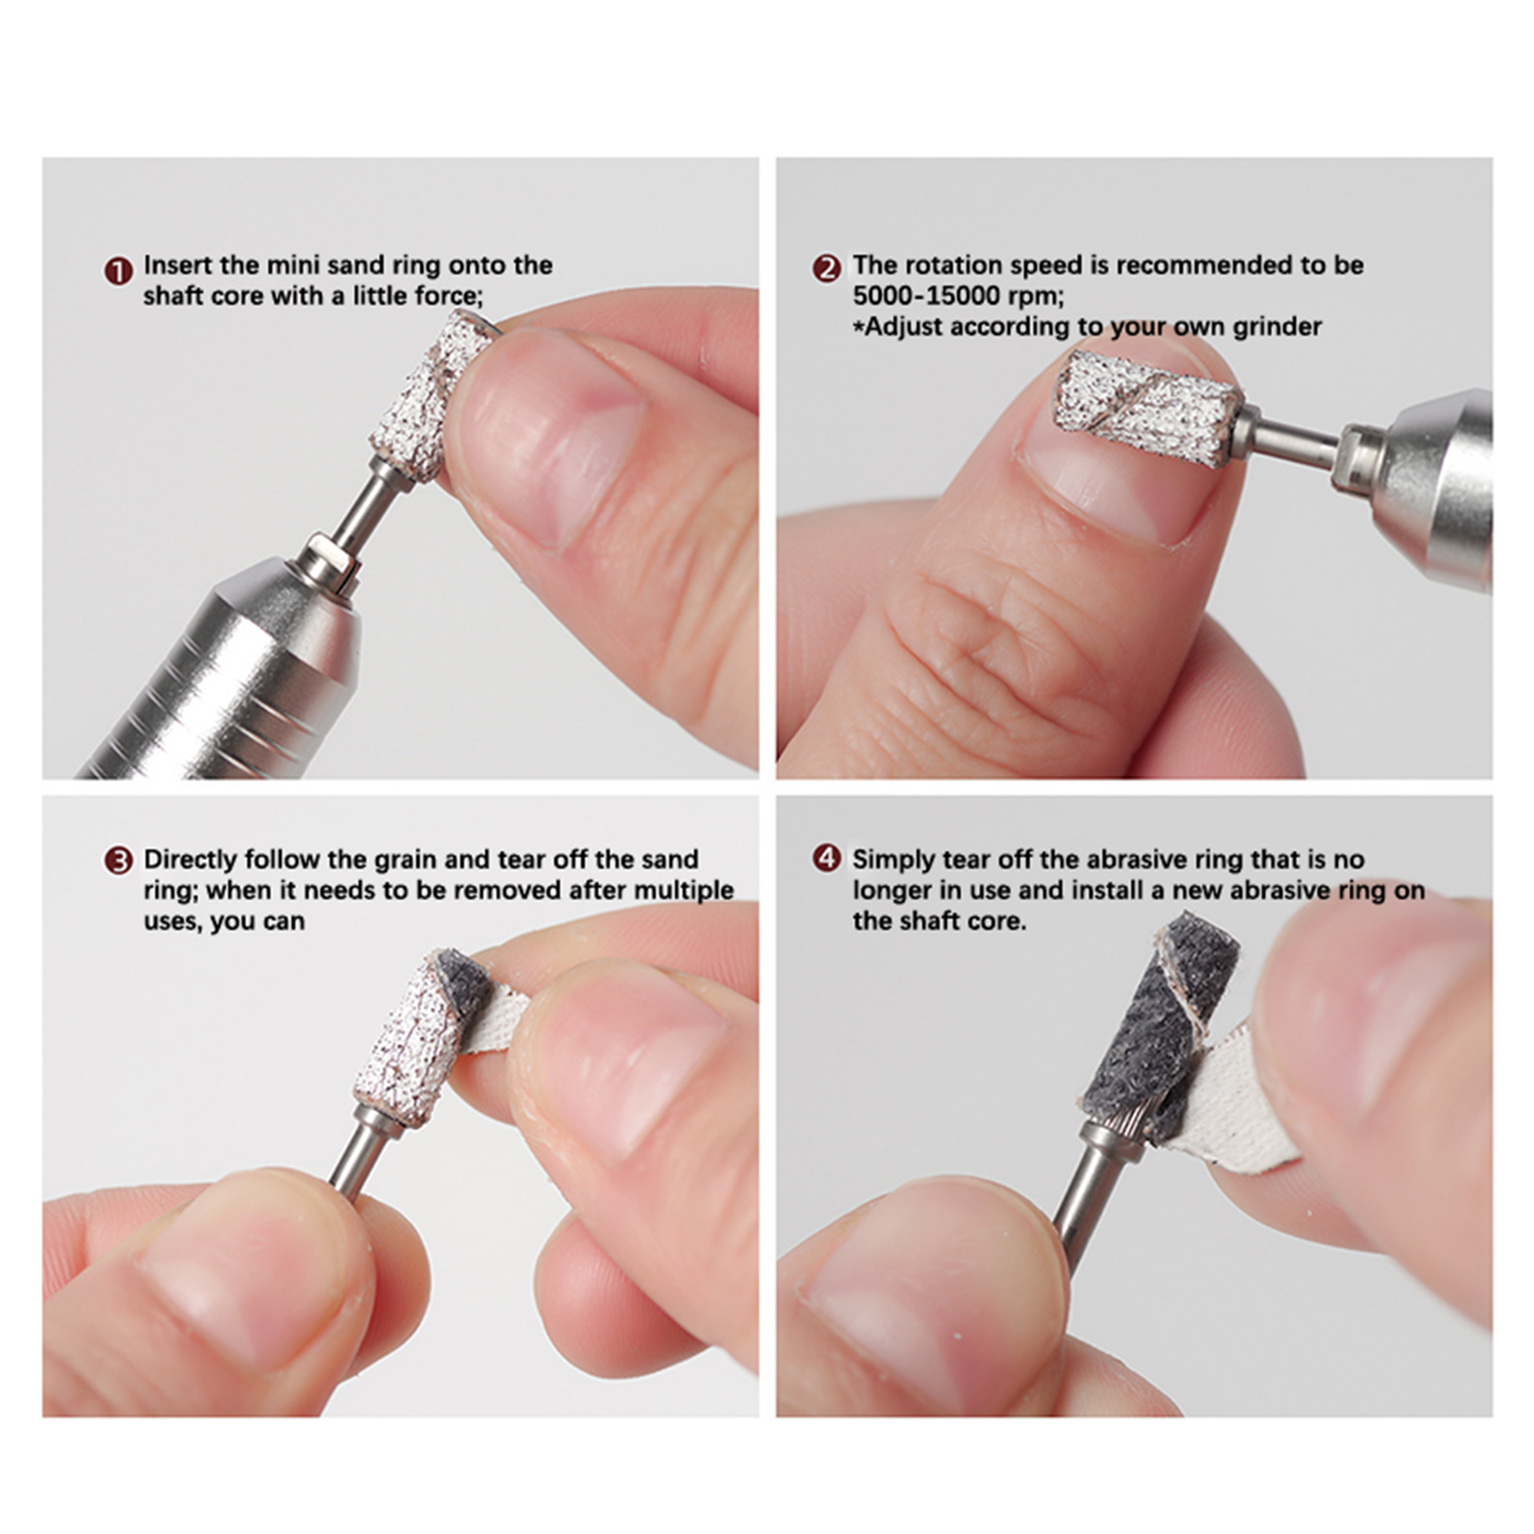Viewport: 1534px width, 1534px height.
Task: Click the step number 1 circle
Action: [118, 271]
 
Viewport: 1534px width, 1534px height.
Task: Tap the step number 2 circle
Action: [826, 268]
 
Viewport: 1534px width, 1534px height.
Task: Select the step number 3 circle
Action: [118, 860]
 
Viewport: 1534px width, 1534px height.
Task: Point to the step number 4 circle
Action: [826, 858]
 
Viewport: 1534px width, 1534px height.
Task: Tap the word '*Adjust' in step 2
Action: [897, 327]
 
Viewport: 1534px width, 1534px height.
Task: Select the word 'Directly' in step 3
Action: [189, 860]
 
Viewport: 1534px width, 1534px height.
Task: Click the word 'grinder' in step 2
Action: [1277, 328]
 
